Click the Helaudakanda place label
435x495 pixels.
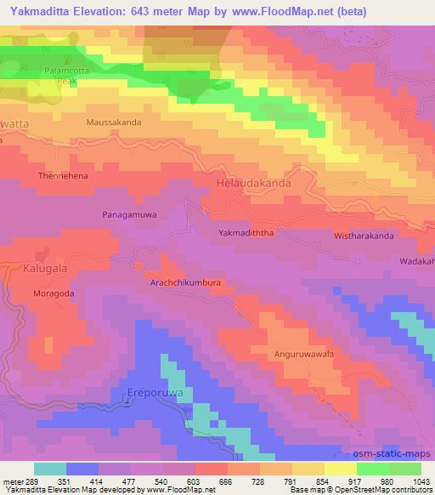(254, 183)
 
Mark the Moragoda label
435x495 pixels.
(54, 293)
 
